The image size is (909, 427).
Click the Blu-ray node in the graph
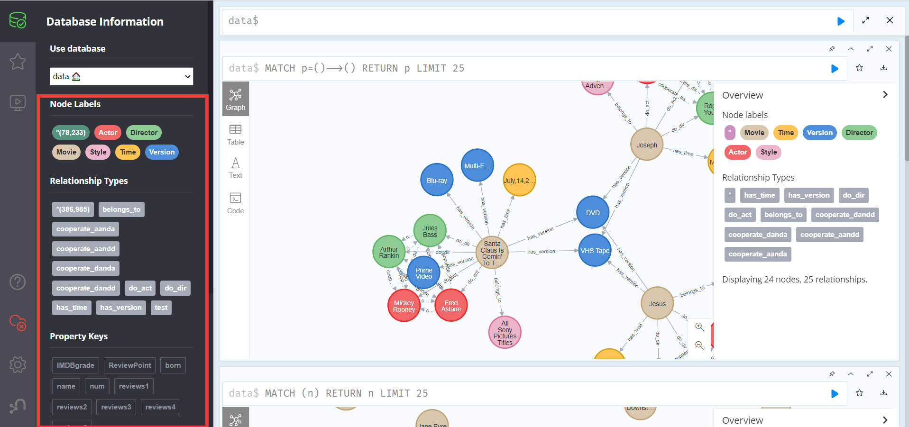pos(437,180)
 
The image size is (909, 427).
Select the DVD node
pos(593,212)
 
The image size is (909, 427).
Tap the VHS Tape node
pos(595,250)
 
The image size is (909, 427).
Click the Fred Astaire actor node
pos(451,306)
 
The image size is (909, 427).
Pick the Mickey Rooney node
pos(404,306)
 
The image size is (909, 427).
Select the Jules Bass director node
pos(430,231)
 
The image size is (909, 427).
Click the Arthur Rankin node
pos(389,252)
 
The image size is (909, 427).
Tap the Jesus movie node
pos(657,303)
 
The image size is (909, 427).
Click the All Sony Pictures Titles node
pos(505,332)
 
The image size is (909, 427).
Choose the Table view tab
pos(235,135)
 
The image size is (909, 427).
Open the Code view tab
pos(235,203)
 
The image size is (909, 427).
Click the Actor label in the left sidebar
pos(108,133)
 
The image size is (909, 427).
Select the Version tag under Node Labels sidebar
pos(162,152)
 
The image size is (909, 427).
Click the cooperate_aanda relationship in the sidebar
pos(85,229)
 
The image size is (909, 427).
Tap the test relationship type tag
pos(161,308)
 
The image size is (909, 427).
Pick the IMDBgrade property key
pos(75,365)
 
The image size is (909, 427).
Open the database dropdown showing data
pos(121,76)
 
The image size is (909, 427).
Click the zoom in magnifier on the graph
pos(699,327)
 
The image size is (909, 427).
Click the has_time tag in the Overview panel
pos(759,195)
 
